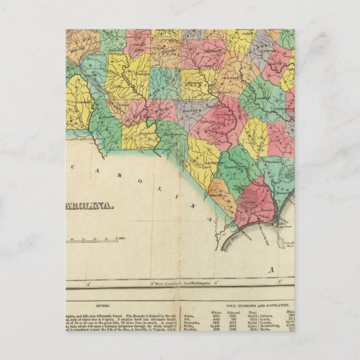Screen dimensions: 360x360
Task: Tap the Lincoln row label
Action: [279, 323]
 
